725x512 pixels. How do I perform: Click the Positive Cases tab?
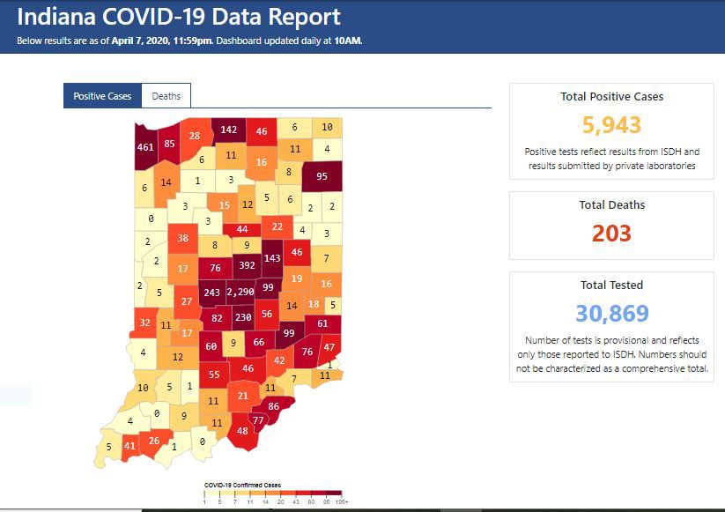[102, 96]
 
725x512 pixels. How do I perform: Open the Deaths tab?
[166, 96]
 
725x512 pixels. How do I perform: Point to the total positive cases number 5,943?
[611, 125]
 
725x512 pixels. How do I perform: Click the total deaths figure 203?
[611, 233]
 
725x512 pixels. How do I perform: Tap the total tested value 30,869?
[611, 313]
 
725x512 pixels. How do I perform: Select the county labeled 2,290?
[241, 292]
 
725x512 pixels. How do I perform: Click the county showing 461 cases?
[145, 147]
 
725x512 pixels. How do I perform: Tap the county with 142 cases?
[229, 130]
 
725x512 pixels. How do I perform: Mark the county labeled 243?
[211, 292]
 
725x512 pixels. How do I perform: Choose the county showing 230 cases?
[243, 318]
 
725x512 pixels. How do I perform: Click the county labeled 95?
[322, 175]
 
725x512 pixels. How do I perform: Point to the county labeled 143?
[272, 257]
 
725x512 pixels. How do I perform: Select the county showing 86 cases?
[273, 406]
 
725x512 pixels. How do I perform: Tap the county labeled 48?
[242, 431]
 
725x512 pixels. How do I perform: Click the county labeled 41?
[129, 445]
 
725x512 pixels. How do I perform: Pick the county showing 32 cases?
[144, 323]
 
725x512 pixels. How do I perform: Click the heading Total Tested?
[611, 285]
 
